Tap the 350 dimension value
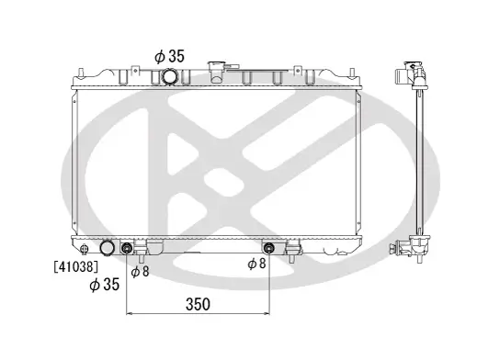tap(199, 304)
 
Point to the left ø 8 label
tap(139, 271)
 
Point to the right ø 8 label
tap(257, 264)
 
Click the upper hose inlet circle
tap(171, 75)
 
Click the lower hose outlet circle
tap(108, 248)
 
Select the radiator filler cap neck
tap(217, 69)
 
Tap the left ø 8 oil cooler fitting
tap(128, 247)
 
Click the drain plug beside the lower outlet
tap(85, 249)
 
